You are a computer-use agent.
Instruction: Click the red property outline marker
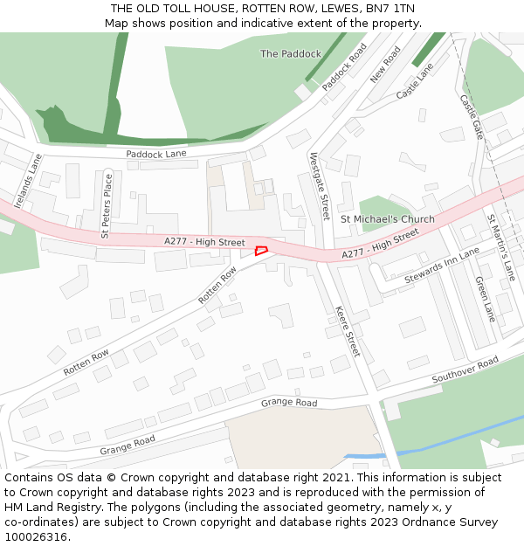[260, 251]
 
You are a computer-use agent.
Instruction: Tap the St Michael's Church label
[387, 219]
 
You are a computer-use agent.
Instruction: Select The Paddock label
[291, 54]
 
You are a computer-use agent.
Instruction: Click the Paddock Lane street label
[156, 154]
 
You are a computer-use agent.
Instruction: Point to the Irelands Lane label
[28, 181]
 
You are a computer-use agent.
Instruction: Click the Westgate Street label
[320, 185]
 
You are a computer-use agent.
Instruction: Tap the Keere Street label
[348, 331]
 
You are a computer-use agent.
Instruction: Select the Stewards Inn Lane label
[442, 266]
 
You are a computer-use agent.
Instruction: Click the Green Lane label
[485, 299]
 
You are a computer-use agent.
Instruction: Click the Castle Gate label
[471, 116]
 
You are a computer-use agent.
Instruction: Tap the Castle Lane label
[415, 80]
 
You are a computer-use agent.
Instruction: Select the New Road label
[384, 65]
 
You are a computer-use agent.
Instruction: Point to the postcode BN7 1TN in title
[390, 9]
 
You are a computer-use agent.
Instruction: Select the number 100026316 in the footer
[36, 536]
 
